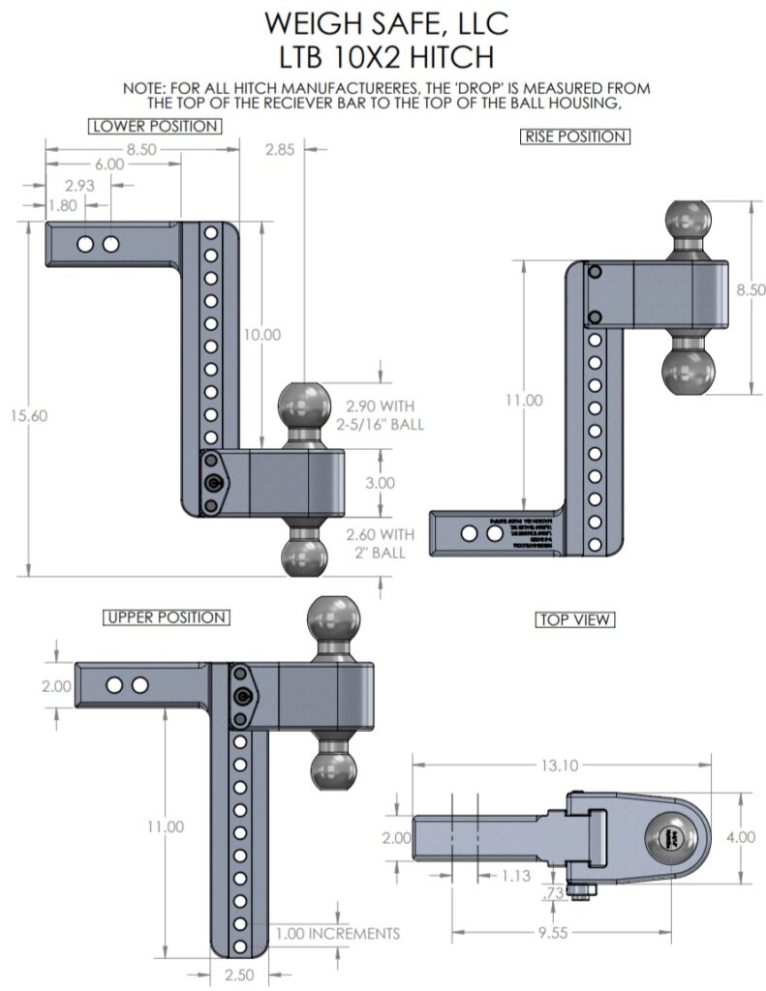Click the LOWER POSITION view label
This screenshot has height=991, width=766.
pyautogui.click(x=153, y=126)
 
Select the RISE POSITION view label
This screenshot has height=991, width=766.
pyautogui.click(x=574, y=136)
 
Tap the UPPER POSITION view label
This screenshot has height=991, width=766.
pyautogui.click(x=166, y=617)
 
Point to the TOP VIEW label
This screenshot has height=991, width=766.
pyautogui.click(x=575, y=618)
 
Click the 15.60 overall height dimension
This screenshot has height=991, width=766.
pyautogui.click(x=31, y=415)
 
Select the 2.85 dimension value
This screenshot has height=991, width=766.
pyautogui.click(x=280, y=149)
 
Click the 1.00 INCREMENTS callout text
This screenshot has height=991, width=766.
pyautogui.click(x=336, y=934)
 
